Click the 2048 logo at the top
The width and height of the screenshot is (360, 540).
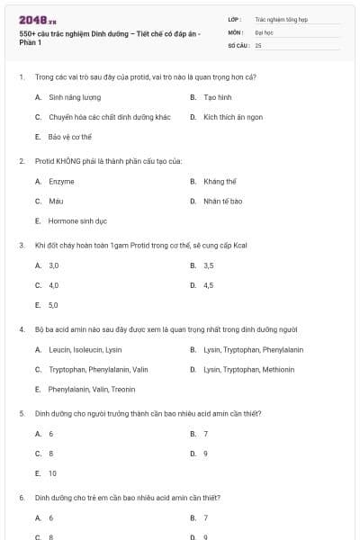(x=37, y=19)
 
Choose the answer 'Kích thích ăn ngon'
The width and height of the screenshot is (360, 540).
(x=233, y=117)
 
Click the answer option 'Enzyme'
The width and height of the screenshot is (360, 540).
(x=61, y=181)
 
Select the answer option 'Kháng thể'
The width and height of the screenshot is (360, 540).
(x=220, y=181)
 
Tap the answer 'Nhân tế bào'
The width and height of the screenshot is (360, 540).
(x=222, y=201)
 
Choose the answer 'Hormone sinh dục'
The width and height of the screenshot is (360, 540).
(x=77, y=220)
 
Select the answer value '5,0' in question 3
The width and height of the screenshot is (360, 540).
(x=53, y=305)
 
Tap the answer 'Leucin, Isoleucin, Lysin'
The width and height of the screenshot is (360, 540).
(x=85, y=349)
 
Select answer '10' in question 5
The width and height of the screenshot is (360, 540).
(x=52, y=472)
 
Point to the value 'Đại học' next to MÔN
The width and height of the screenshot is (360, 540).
(x=264, y=31)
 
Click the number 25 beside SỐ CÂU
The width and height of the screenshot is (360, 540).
(x=258, y=44)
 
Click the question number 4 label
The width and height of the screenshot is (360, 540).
(x=21, y=329)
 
